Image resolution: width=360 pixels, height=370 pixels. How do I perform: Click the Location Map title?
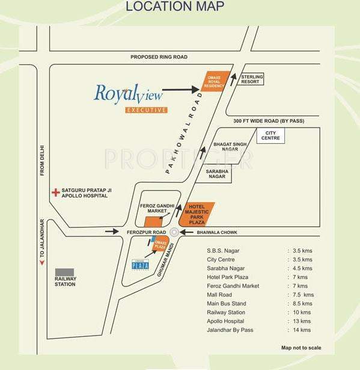click(x=174, y=7)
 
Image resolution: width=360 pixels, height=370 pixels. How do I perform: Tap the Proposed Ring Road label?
click(x=159, y=57)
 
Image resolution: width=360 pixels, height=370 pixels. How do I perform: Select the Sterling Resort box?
click(x=251, y=79)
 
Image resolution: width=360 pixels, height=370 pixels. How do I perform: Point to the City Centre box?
click(x=270, y=137)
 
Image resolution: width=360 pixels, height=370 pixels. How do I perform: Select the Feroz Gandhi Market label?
click(x=157, y=208)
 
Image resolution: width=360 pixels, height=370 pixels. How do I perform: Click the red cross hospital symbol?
click(x=55, y=193)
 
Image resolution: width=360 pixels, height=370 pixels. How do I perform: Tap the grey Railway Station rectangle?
click(x=64, y=272)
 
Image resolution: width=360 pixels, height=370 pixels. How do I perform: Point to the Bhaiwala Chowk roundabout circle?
click(x=174, y=232)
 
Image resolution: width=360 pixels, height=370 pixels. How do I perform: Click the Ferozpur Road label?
click(x=145, y=232)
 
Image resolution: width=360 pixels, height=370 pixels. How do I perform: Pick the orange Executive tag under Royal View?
click(x=146, y=110)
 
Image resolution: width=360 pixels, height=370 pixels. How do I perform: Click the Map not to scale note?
click(x=301, y=348)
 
